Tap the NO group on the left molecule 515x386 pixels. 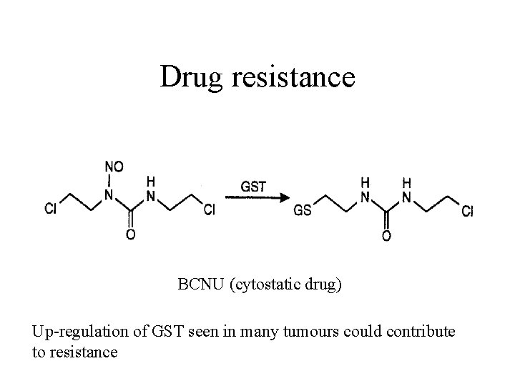(x=114, y=167)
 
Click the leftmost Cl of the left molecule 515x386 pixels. (x=51, y=209)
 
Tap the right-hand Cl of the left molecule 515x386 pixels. (x=210, y=209)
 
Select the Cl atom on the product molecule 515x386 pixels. (x=467, y=211)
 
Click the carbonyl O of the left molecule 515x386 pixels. (x=131, y=234)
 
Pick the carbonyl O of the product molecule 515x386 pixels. (x=387, y=234)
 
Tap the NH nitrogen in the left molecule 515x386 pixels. (x=151, y=194)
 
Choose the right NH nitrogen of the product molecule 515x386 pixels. (x=407, y=194)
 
